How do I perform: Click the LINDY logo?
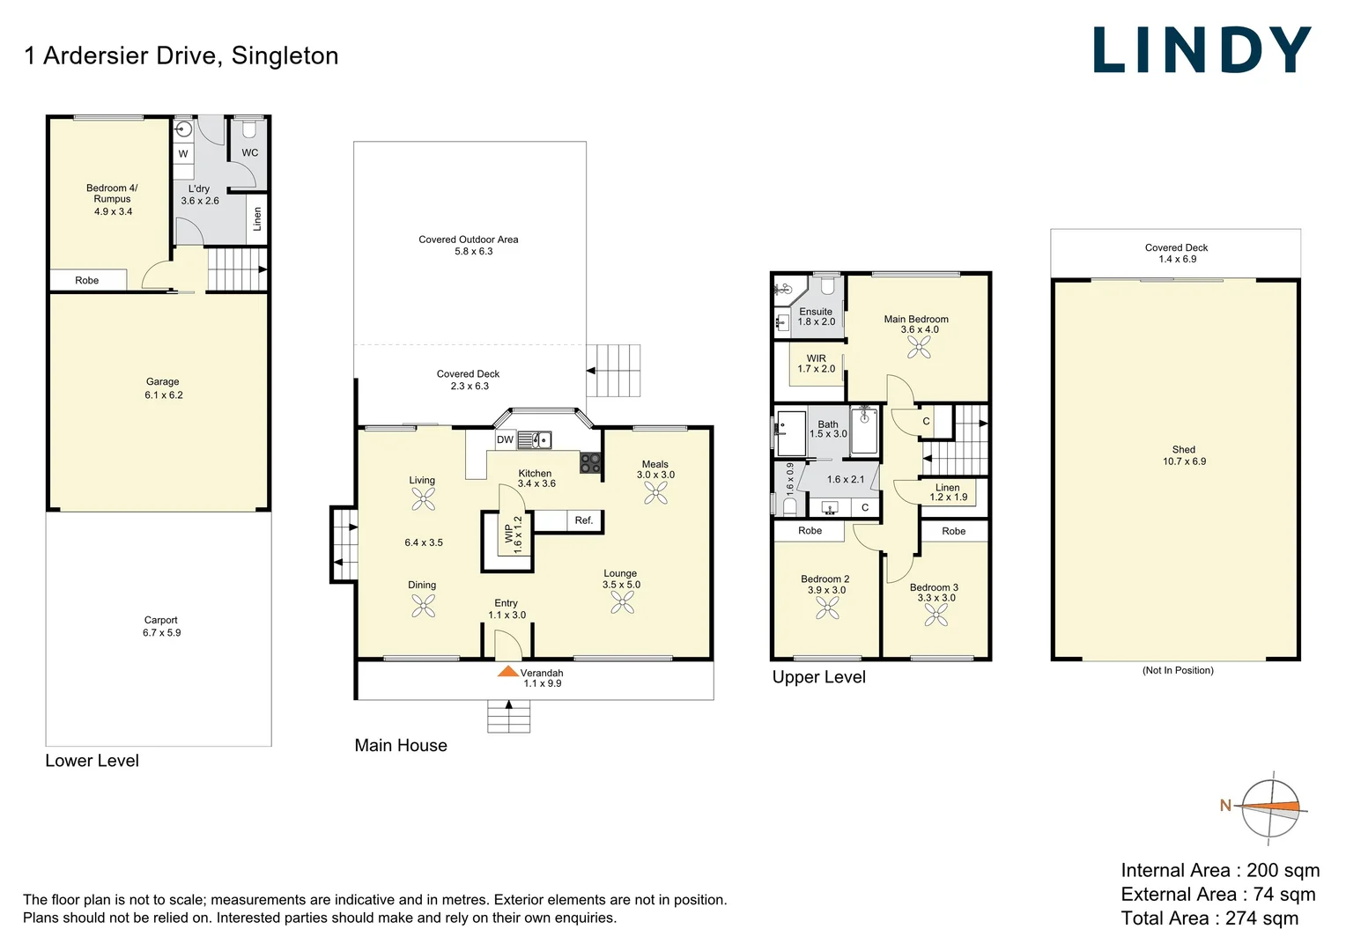pyautogui.click(x=1202, y=50)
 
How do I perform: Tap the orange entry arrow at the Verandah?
pyautogui.click(x=508, y=672)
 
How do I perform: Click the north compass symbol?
pyautogui.click(x=1271, y=807)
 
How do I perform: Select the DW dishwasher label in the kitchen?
pyautogui.click(x=505, y=439)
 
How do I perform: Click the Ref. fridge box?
pyautogui.click(x=583, y=520)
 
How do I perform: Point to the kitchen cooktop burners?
pyautogui.click(x=590, y=463)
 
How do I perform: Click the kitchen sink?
pyautogui.click(x=534, y=439)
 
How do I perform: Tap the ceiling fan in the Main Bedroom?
pyautogui.click(x=919, y=348)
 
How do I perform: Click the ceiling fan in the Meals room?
pyautogui.click(x=655, y=492)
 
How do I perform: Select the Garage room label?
pyautogui.click(x=163, y=382)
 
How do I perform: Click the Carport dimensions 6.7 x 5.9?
pyautogui.click(x=162, y=633)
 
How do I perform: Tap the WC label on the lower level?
pyautogui.click(x=250, y=152)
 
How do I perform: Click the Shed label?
pyautogui.click(x=1183, y=449)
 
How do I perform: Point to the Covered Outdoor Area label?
pyautogui.click(x=468, y=240)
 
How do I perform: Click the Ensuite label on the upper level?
pyautogui.click(x=816, y=312)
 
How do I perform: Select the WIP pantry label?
pyautogui.click(x=508, y=534)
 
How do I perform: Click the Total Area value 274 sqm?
pyautogui.click(x=1261, y=918)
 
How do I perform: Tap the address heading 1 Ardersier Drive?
pyautogui.click(x=181, y=55)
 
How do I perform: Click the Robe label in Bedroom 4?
pyautogui.click(x=86, y=280)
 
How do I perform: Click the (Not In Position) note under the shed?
pyautogui.click(x=1178, y=670)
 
